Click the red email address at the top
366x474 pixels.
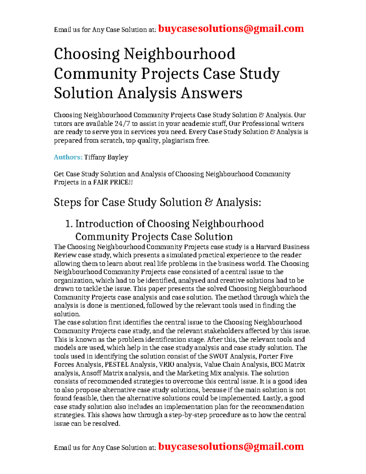tap(231, 29)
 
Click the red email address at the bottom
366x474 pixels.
tap(231, 447)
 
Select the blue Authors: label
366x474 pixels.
tap(68, 157)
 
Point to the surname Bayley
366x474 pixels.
tap(117, 157)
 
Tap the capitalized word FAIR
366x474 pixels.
tap(102, 183)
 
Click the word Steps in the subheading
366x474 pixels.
tap(67, 202)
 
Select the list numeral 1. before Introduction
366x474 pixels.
tap(69, 224)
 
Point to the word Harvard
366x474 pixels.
tap(268, 247)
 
